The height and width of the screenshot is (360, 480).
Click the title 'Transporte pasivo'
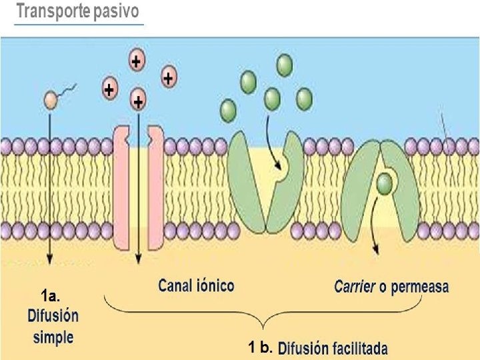78,12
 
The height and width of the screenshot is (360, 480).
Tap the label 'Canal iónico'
196,286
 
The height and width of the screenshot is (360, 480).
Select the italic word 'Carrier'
353,287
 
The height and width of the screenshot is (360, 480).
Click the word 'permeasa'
420,287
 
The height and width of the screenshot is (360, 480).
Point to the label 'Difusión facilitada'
333,348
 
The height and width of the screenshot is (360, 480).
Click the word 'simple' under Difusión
53,337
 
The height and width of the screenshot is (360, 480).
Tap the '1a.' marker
50,295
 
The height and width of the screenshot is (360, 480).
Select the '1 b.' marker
261,347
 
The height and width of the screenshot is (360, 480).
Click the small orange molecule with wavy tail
51,101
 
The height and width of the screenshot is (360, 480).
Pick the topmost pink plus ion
136,62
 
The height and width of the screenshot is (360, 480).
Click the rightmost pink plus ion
168,77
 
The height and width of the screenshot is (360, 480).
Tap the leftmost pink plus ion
108,88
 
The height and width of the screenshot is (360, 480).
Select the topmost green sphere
285,65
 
